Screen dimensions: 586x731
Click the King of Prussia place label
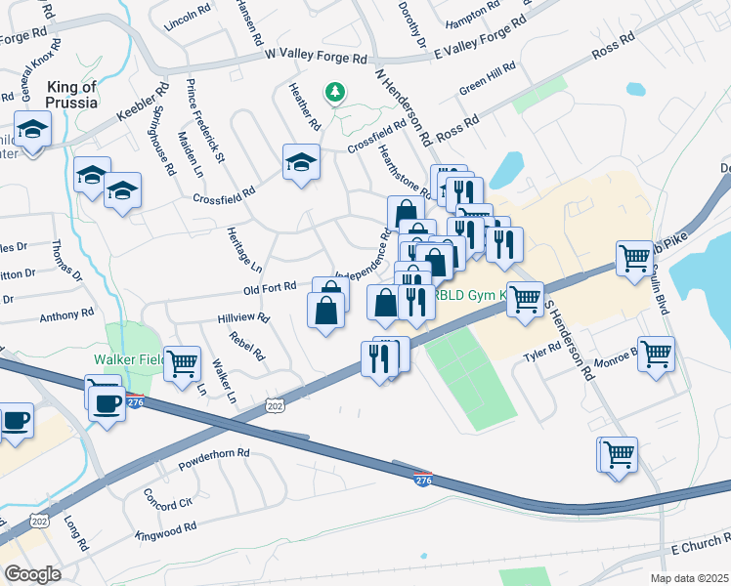coord(71,94)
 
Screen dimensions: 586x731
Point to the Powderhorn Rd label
coord(215,456)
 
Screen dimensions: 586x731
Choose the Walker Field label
coord(126,359)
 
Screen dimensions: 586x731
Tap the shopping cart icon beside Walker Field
coord(183,364)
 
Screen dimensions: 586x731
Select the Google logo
coord(33,573)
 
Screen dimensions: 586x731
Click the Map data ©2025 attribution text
coord(690,577)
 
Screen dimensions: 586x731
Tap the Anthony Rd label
coord(66,315)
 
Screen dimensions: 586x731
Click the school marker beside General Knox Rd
coord(32,130)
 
